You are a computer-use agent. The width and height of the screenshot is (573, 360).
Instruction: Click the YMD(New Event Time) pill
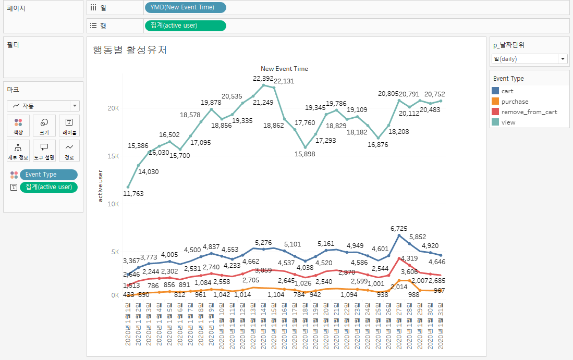click(185, 7)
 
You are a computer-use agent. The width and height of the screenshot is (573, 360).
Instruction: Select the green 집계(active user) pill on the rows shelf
click(185, 25)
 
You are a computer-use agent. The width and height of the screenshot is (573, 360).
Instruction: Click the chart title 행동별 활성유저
click(130, 50)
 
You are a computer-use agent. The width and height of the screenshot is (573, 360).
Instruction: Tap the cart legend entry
click(507, 91)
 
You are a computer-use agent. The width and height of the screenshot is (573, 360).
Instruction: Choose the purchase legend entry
click(514, 102)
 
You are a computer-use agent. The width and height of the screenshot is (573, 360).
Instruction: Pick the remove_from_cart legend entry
click(529, 112)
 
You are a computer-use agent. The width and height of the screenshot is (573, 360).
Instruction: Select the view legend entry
click(508, 122)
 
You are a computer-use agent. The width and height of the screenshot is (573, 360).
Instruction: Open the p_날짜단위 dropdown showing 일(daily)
click(529, 59)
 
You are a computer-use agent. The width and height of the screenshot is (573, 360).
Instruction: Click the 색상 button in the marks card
click(18, 126)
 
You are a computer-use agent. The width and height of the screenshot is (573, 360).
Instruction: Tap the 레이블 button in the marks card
click(69, 126)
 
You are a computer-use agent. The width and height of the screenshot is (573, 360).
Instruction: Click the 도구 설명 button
click(44, 150)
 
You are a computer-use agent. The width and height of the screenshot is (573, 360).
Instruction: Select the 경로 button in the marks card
click(69, 150)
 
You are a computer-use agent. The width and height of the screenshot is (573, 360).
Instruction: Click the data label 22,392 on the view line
click(263, 79)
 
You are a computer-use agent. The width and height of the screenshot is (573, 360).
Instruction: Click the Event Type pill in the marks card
click(48, 175)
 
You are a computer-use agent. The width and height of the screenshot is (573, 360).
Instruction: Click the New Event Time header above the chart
click(284, 69)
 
